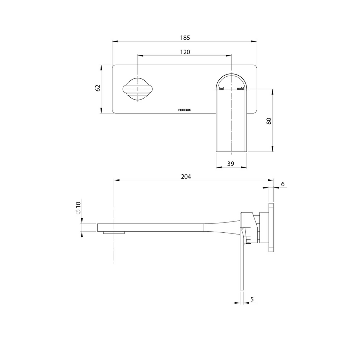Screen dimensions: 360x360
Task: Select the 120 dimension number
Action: [x=185, y=52]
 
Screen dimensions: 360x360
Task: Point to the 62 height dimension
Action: [x=98, y=88]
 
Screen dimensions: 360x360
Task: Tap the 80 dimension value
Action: [x=269, y=121]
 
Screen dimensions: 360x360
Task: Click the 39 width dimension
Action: [x=231, y=163]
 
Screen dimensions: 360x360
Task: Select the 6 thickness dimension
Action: [x=283, y=184]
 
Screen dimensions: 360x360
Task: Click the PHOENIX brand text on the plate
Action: [x=185, y=110]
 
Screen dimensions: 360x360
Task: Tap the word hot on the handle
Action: [x=221, y=89]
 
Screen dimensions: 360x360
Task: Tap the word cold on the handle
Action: [x=240, y=89]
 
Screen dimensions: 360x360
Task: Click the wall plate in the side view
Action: [x=271, y=227]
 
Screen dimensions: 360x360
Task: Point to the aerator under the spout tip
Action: [x=114, y=232]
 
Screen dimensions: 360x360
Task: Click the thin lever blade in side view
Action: [x=242, y=267]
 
